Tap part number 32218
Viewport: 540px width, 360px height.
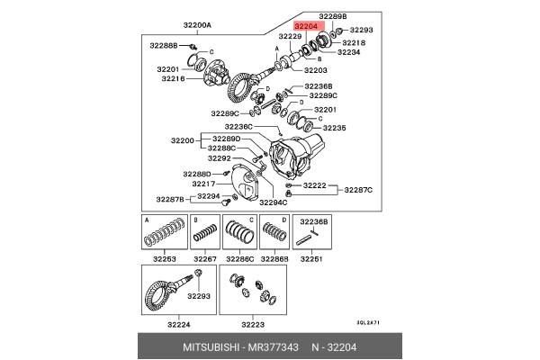353,42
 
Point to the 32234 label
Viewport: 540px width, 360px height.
348,52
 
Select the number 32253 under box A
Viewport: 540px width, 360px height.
164,259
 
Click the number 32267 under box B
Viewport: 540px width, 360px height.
204,259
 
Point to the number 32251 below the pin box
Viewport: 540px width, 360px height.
311,259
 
